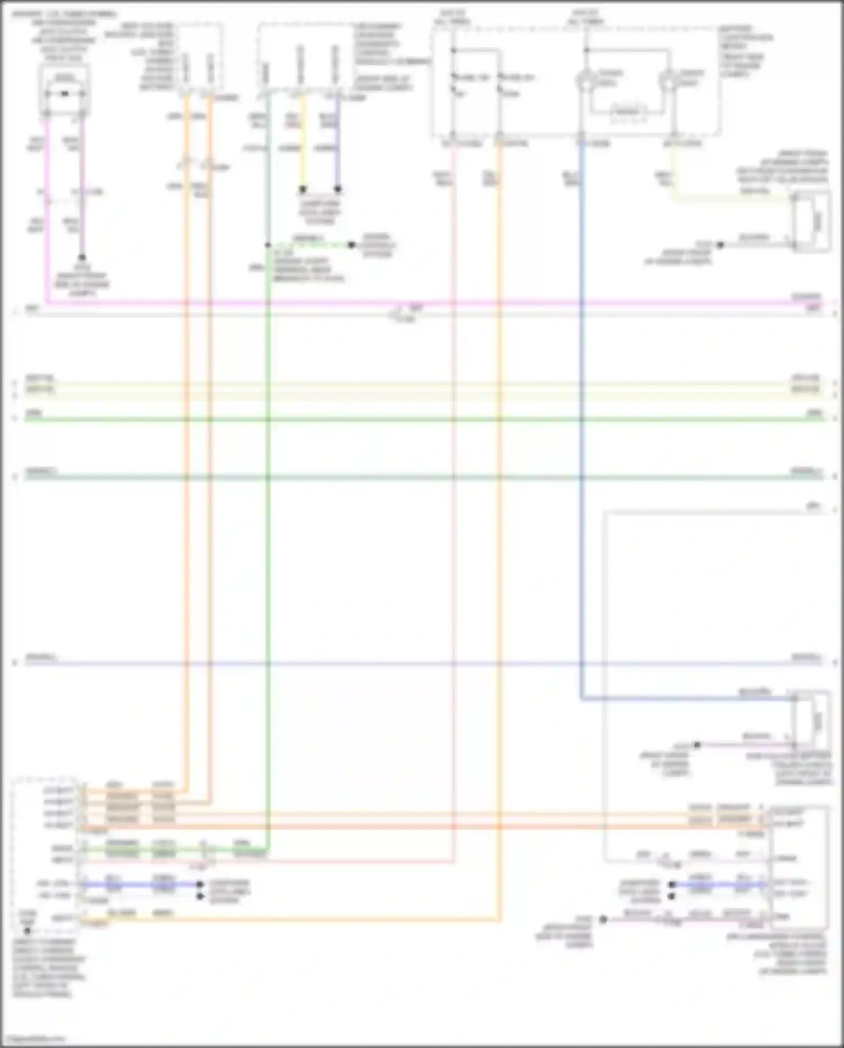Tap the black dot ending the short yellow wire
pos(303,189)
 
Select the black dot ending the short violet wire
pos(338,189)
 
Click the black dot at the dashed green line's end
pos(351,245)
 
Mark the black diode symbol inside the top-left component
pos(65,93)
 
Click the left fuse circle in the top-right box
pos(585,81)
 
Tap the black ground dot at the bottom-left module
pos(27,931)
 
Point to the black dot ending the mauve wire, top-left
pos(82,257)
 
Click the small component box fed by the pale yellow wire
pos(811,221)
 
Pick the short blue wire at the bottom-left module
pos(141,885)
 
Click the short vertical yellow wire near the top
pos(303,141)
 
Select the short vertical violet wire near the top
pos(338,141)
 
